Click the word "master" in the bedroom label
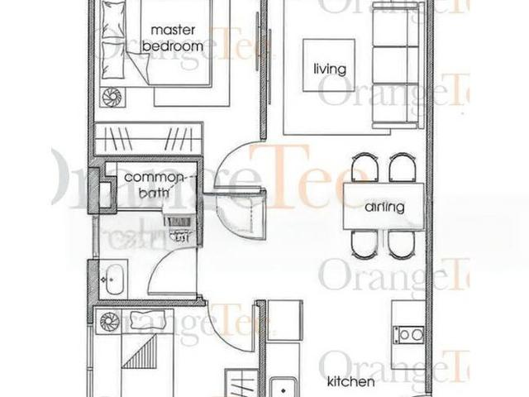(x=173, y=31)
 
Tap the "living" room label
(x=329, y=69)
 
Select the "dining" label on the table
(x=384, y=207)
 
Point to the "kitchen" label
(x=350, y=382)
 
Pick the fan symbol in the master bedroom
(x=111, y=97)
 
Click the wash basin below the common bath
(x=112, y=276)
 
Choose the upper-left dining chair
(x=365, y=168)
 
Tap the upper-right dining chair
(x=403, y=168)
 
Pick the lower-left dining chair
(x=365, y=245)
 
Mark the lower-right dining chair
(x=403, y=245)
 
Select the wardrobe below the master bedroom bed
(x=148, y=136)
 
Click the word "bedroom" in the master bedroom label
(x=172, y=47)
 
